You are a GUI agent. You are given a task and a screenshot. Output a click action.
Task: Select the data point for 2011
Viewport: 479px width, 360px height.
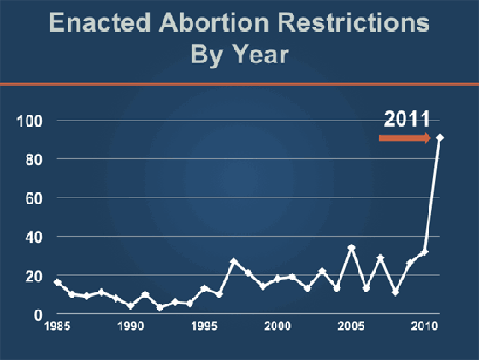[440, 138]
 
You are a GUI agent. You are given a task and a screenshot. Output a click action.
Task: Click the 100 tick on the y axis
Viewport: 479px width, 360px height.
[28, 121]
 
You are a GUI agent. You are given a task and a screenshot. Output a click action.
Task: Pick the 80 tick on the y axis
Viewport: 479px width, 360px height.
[32, 159]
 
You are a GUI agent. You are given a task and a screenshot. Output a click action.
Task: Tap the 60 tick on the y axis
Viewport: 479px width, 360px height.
[32, 198]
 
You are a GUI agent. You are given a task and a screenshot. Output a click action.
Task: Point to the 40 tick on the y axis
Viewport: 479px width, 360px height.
[32, 237]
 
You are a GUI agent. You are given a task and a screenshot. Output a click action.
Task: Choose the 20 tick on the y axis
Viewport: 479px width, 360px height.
[32, 276]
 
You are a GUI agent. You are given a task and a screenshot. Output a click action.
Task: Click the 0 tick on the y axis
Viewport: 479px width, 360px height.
[36, 315]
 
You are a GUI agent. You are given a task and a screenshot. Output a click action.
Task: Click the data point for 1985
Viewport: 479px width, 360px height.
[57, 282]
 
